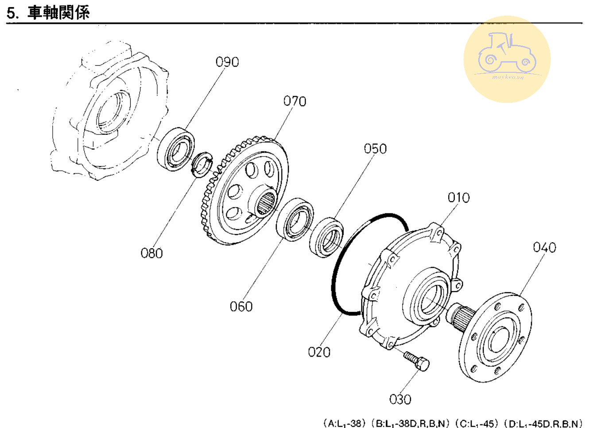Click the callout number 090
tap(227, 62)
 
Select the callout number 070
tap(294, 102)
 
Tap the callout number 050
tap(375, 149)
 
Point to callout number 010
tap(458, 197)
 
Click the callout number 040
tap(544, 247)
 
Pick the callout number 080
tap(151, 253)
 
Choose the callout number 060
tap(241, 306)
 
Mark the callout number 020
tap(319, 352)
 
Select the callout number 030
tap(400, 400)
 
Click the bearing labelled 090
tap(176, 149)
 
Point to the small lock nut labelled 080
tap(202, 164)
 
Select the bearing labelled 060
tap(295, 220)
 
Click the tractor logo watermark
tap(507, 59)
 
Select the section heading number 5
tap(12, 13)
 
